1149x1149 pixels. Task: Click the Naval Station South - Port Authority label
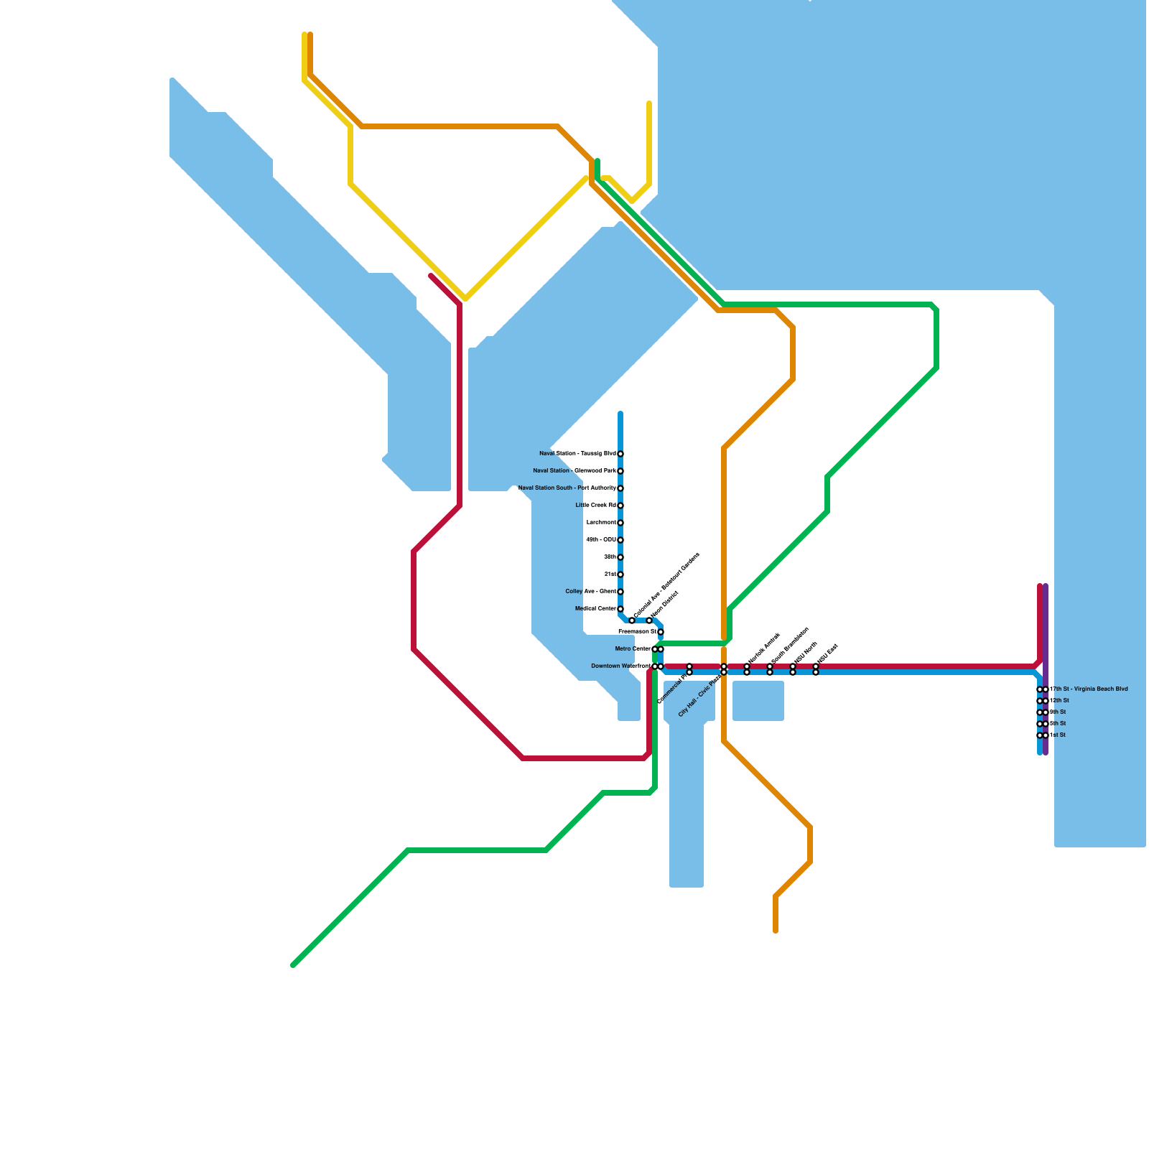567,488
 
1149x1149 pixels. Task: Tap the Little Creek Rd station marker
620,506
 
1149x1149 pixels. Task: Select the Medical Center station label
595,609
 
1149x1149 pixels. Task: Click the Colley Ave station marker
620,592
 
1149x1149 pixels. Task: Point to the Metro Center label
633,649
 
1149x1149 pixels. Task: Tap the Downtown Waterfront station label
620,666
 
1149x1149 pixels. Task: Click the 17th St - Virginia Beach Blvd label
1089,689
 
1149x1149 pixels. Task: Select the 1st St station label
1058,735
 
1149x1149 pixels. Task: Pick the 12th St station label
1060,701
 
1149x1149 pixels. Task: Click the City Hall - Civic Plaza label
699,696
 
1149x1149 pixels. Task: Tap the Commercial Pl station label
674,688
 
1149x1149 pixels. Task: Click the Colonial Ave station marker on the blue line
632,620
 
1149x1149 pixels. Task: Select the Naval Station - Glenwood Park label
574,471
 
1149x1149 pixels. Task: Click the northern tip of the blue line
620,414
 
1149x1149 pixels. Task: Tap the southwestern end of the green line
293,965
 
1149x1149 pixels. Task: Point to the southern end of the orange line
776,931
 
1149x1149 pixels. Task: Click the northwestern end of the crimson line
431,276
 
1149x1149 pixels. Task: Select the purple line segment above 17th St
1046,632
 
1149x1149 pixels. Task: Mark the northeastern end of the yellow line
649,103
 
